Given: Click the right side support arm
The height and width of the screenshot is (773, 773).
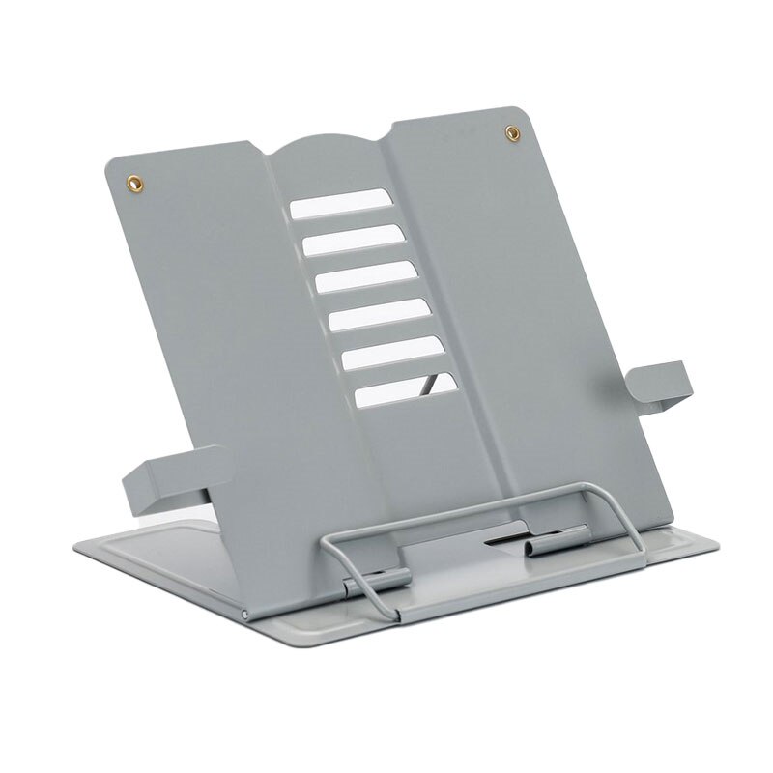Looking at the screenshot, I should click(663, 383).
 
